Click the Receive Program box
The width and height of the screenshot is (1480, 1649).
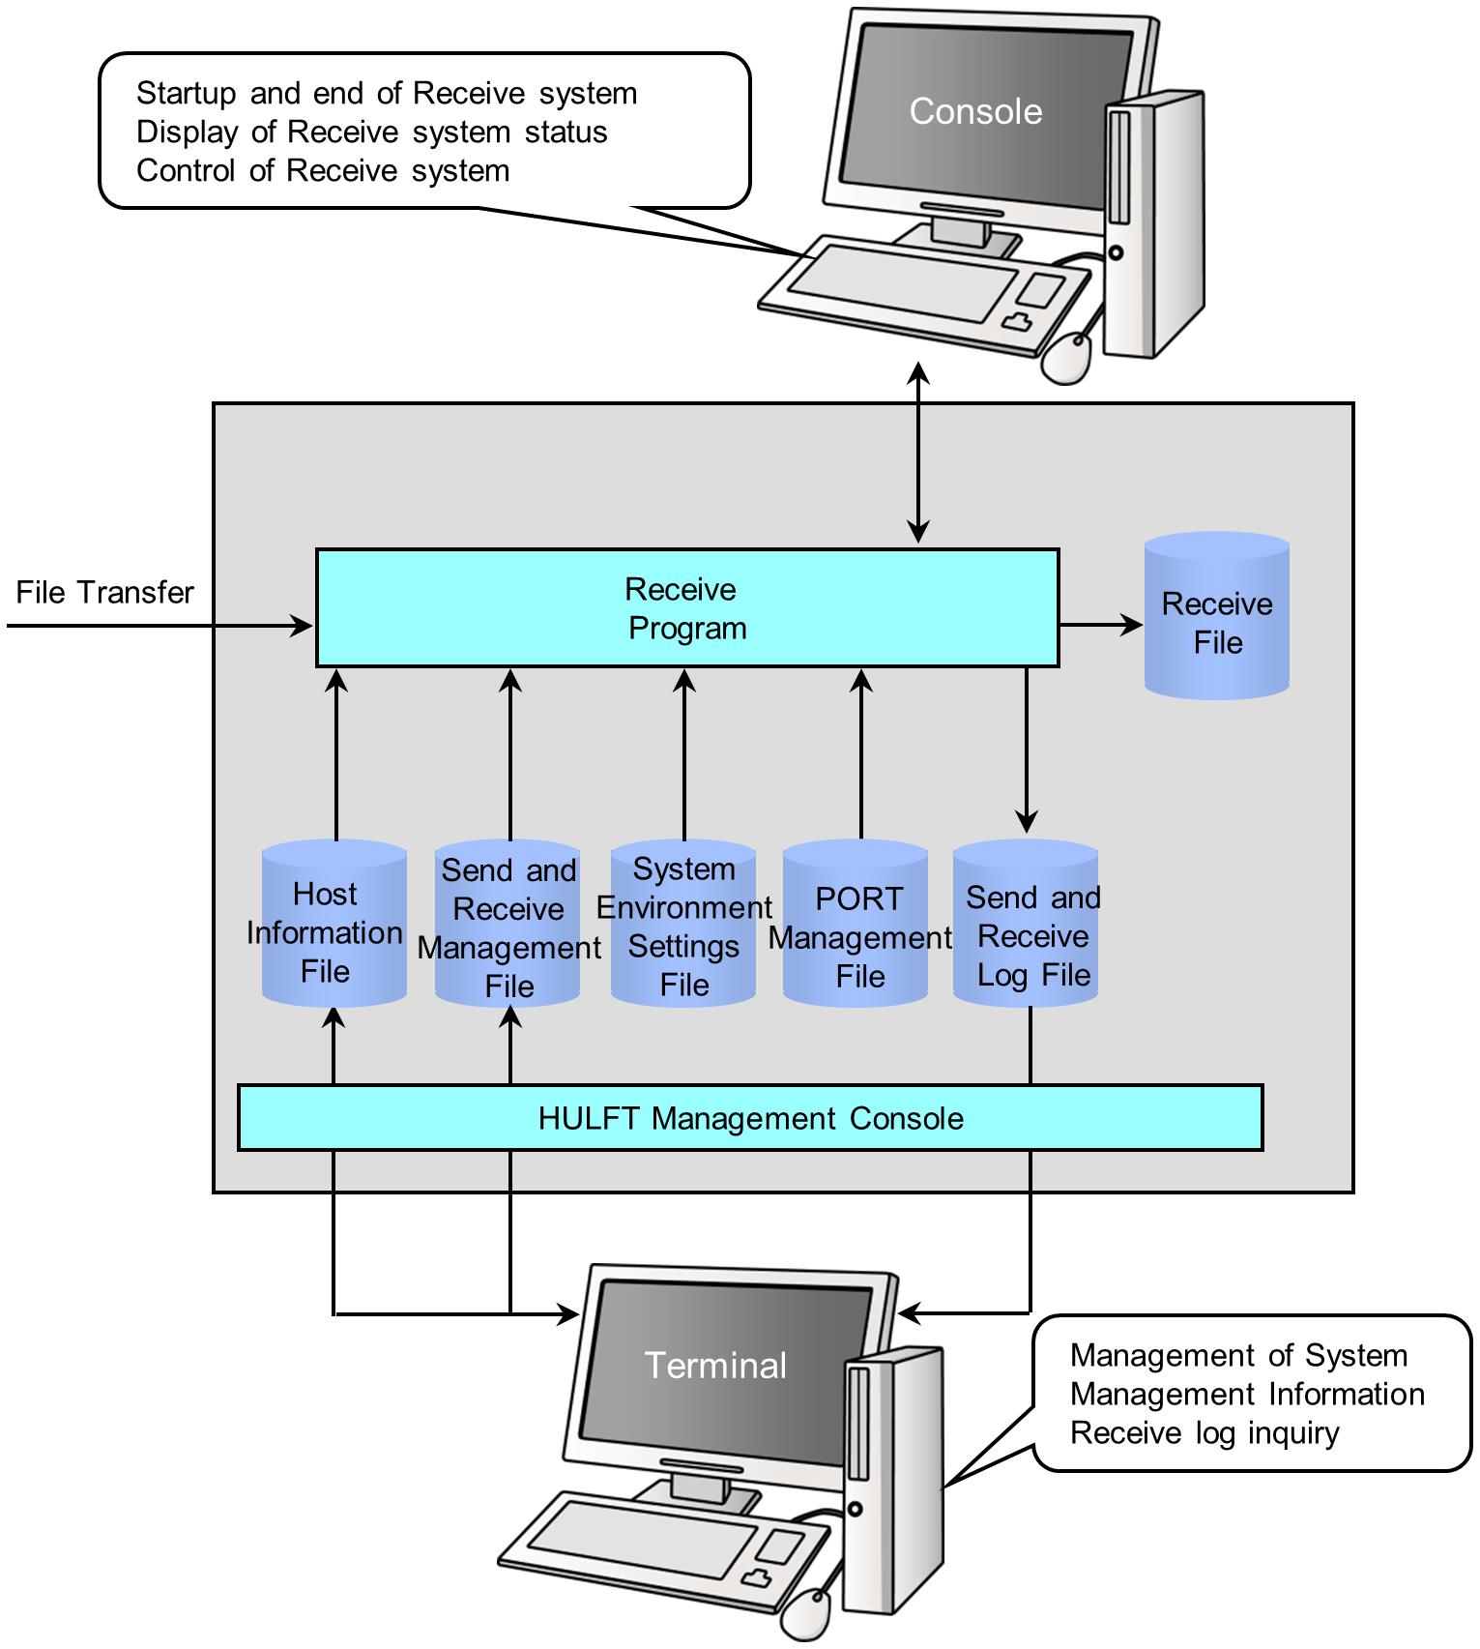[686, 608]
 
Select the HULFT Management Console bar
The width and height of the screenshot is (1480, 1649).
[750, 1118]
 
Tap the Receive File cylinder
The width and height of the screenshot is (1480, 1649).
[1216, 616]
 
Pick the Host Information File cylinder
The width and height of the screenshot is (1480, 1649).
[334, 925]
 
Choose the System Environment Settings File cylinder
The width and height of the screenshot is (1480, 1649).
[683, 925]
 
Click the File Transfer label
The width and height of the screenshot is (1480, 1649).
[104, 592]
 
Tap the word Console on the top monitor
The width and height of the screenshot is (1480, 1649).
[975, 111]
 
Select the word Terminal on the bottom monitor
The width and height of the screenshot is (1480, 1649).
[715, 1365]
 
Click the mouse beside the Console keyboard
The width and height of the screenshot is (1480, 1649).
[1066, 358]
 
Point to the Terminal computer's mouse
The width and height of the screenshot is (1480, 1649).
[807, 1613]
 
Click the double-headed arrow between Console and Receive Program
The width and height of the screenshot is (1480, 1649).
[918, 453]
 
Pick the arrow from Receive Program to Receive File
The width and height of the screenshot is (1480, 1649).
[1101, 624]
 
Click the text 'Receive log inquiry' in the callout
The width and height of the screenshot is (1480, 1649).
[1204, 1432]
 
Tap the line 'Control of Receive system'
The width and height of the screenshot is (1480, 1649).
[323, 170]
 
